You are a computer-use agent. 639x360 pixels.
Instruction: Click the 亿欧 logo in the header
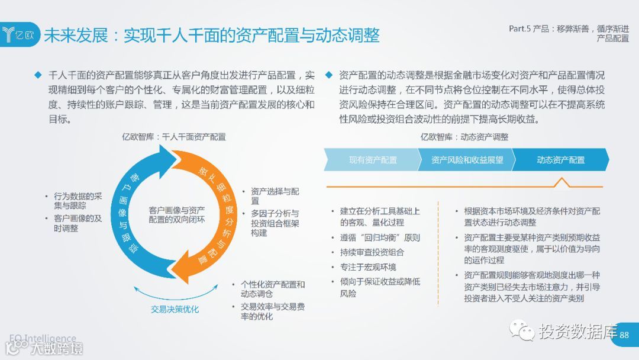click(x=20, y=34)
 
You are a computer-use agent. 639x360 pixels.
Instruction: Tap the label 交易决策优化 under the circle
click(x=175, y=309)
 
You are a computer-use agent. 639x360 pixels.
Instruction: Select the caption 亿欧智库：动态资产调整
click(x=464, y=137)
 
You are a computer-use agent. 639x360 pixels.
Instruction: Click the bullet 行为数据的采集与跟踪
click(x=78, y=201)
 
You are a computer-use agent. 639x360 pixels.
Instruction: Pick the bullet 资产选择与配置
click(x=275, y=196)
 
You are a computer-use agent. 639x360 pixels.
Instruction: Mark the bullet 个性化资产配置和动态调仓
click(x=272, y=289)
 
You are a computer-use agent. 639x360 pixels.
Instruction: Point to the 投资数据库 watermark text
click(x=577, y=332)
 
